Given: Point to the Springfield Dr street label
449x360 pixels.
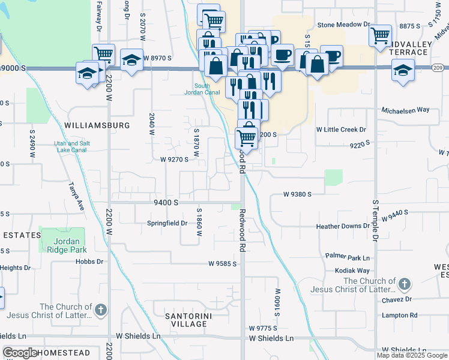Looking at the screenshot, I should [167, 223].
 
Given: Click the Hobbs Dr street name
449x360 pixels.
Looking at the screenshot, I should [89, 262].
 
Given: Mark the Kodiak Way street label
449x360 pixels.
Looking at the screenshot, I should [356, 271].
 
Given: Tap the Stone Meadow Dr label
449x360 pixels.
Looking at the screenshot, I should [343, 25].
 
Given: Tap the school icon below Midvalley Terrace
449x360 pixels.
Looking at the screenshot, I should [403, 70].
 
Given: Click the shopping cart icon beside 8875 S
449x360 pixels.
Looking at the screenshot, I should [380, 35].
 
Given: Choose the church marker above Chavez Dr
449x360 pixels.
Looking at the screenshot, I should [405, 283].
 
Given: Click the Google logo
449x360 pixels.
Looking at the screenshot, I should [20, 353].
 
